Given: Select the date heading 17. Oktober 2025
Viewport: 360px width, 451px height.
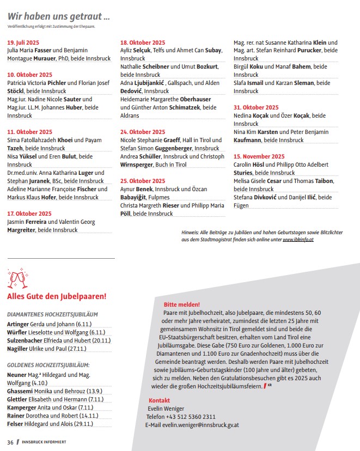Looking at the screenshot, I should pyautogui.click(x=29, y=214).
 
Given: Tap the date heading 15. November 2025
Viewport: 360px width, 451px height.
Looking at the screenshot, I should pyautogui.click(x=259, y=156).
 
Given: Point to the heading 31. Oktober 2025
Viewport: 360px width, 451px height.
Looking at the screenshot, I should pyautogui.click(x=256, y=107).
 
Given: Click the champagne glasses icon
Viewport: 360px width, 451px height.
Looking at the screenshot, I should pyautogui.click(x=16, y=279).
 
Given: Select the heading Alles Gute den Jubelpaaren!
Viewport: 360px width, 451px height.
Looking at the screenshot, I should pyautogui.click(x=56, y=296).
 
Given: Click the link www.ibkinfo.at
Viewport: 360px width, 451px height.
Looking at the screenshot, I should pyautogui.click(x=298, y=240).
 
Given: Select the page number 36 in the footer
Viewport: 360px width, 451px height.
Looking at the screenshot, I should pyautogui.click(x=10, y=442).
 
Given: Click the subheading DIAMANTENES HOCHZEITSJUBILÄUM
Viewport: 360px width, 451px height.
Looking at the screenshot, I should pyautogui.click(x=52, y=314).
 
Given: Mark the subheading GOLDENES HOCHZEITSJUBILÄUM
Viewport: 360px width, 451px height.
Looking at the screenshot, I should pyautogui.click(x=48, y=365).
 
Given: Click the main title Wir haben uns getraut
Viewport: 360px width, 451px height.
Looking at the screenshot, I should pyautogui.click(x=59, y=16).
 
